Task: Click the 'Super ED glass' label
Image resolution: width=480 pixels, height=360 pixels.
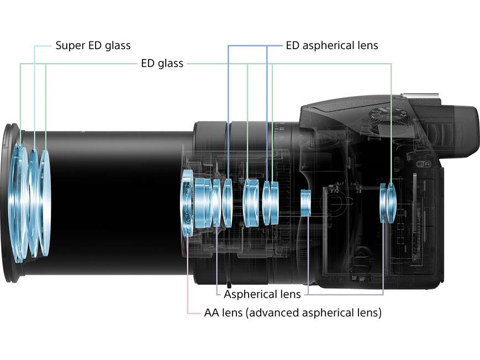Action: [x=93, y=45]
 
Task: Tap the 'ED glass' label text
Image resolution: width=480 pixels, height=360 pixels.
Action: [x=162, y=63]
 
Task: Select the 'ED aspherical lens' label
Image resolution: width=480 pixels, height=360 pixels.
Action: [x=331, y=45]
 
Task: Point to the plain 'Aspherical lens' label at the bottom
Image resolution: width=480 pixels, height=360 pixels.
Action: [x=262, y=294]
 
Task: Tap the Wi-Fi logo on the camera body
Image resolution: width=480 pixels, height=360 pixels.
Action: [x=423, y=163]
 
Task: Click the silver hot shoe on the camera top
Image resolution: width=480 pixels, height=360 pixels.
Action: [x=420, y=98]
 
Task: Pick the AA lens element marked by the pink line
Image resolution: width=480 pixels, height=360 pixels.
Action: [x=188, y=203]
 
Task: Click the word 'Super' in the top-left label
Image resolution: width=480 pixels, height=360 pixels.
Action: [x=68, y=45]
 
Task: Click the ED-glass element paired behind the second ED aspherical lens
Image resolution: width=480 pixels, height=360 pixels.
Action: [x=274, y=203]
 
